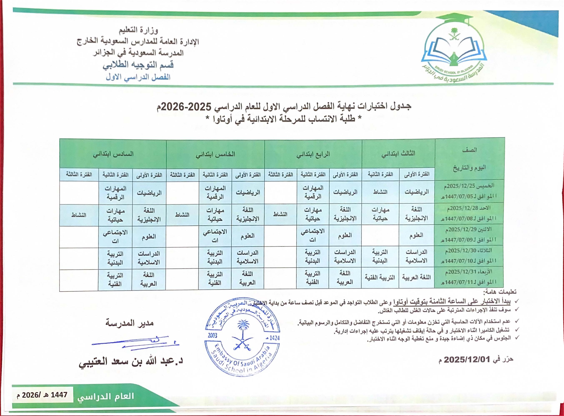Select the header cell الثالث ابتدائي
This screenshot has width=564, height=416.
398,154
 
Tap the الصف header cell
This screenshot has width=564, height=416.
470,150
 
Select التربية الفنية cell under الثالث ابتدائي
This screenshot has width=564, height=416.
380,277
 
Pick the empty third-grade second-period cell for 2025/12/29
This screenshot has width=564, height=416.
380,236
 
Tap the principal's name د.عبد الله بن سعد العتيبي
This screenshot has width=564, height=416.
131,362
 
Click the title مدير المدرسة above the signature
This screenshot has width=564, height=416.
130,323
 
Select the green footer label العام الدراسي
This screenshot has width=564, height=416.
106,396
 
